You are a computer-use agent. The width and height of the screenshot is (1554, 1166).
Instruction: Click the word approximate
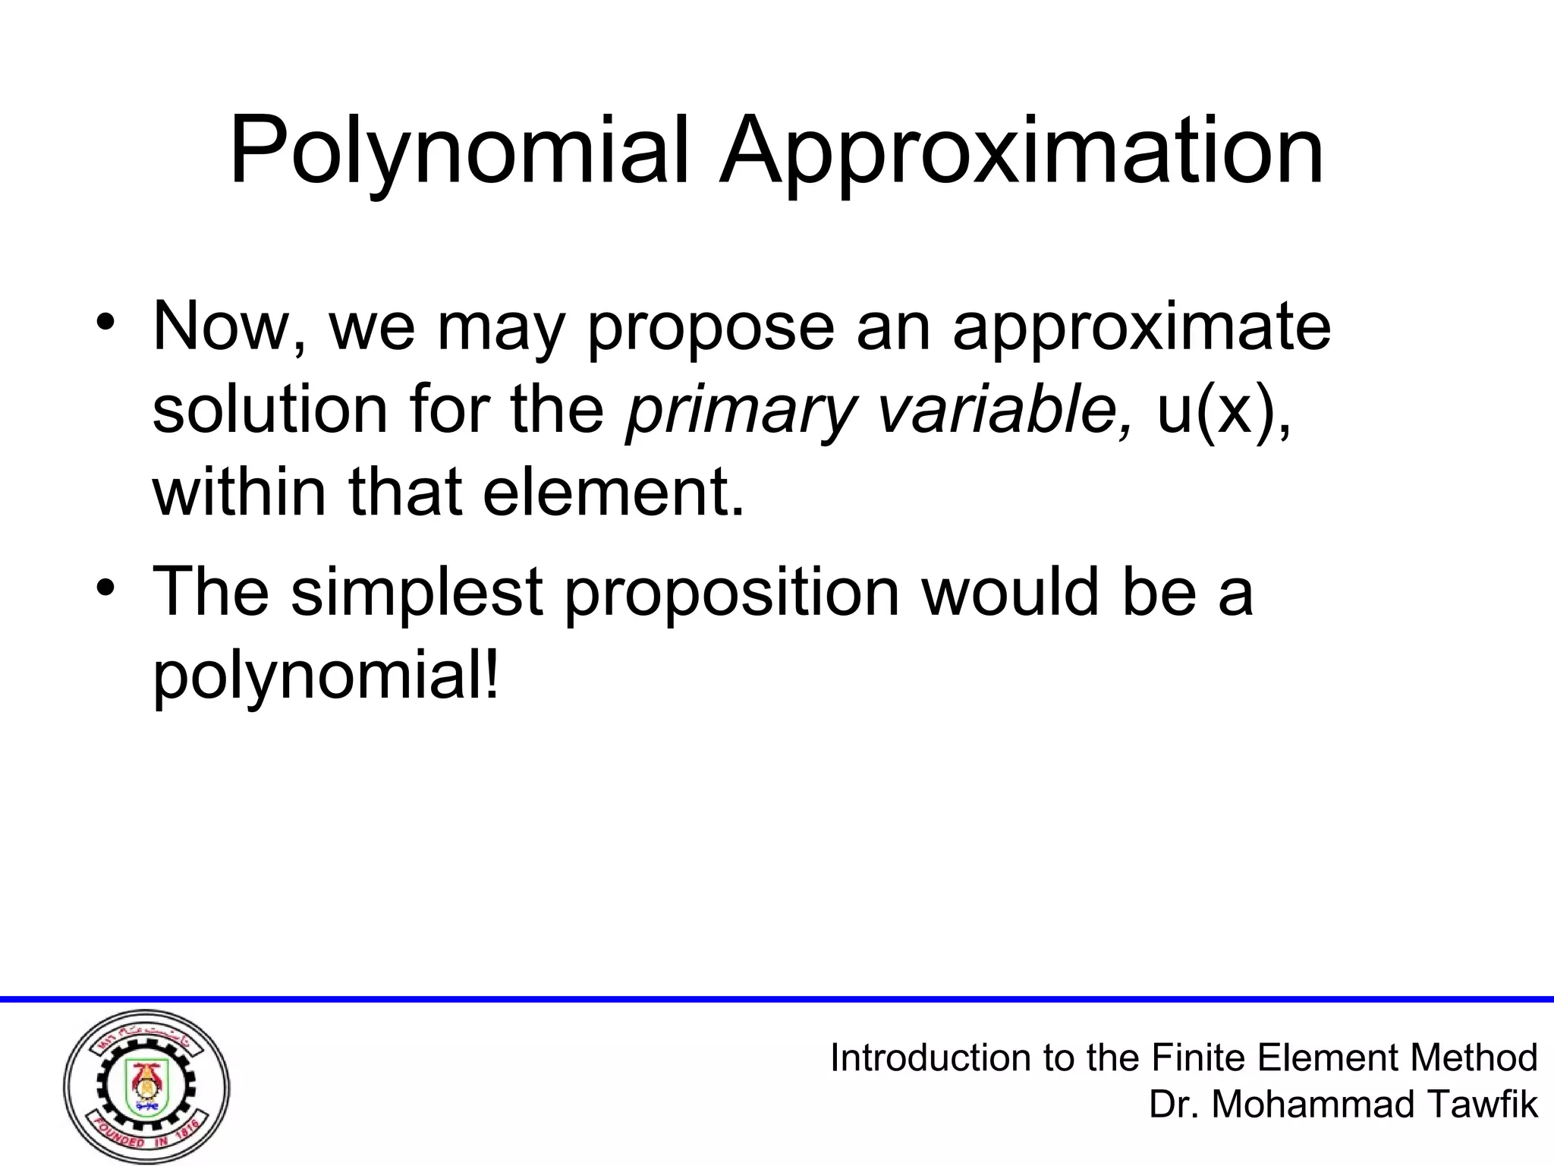coord(1141,328)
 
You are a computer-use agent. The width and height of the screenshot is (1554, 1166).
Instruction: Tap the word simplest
coord(417,592)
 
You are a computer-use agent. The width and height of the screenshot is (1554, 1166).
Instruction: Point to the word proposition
coord(731,592)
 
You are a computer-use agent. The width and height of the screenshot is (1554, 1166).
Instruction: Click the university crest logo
coord(146,1086)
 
